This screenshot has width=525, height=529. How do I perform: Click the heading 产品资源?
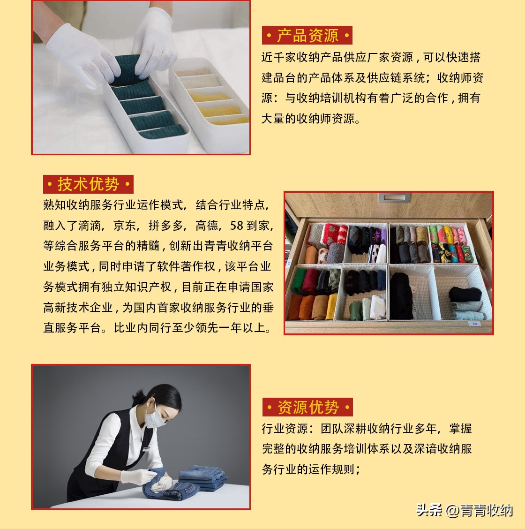click(307, 36)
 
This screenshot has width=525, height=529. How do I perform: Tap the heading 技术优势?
click(88, 184)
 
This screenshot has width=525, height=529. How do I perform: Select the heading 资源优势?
click(307, 407)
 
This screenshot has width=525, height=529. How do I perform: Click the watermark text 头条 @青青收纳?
click(464, 510)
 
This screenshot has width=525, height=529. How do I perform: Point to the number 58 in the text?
click(237, 226)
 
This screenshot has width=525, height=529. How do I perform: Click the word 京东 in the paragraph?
click(125, 226)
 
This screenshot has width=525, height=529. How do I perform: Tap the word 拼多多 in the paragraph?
click(166, 226)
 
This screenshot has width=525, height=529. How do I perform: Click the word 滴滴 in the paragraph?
click(90, 226)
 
